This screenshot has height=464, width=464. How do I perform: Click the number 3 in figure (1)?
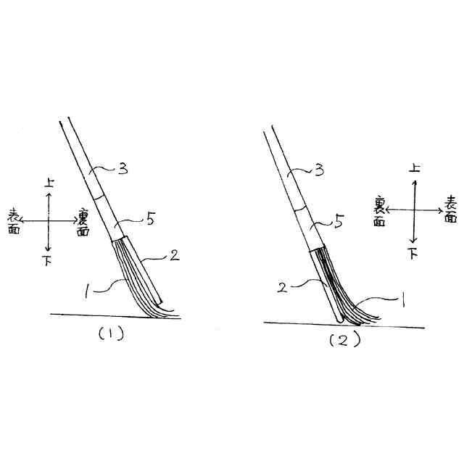[123, 169]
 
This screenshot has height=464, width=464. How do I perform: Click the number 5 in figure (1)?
[151, 219]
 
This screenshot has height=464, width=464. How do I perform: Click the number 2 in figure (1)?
[175, 254]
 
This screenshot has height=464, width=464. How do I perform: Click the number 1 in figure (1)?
[86, 290]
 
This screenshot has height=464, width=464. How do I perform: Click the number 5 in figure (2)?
[339, 220]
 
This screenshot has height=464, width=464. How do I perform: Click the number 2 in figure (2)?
[282, 287]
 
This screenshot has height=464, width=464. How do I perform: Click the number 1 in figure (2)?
[402, 301]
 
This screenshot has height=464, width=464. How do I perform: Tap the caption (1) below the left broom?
[111, 334]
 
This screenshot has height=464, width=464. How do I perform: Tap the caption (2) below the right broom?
[345, 340]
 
